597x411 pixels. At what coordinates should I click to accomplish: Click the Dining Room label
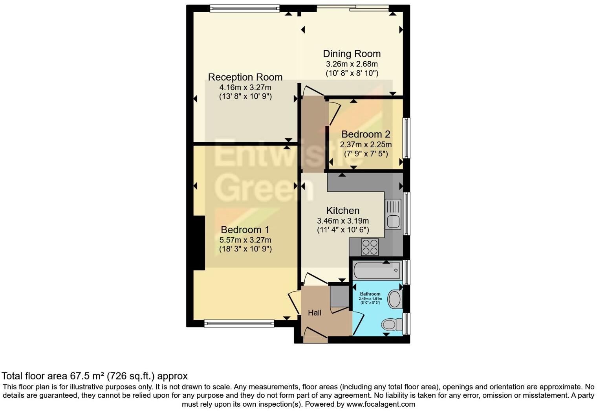click(x=352, y=54)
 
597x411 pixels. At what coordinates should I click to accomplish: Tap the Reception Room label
click(x=245, y=77)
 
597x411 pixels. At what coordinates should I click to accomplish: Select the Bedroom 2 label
click(x=366, y=134)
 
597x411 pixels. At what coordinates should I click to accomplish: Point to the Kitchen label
click(x=342, y=211)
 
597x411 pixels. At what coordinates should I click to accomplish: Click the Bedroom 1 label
click(x=245, y=230)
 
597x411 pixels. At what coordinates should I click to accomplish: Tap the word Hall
click(x=315, y=313)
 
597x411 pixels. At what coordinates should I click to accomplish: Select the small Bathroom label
click(x=370, y=294)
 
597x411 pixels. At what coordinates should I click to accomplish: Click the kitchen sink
click(x=393, y=214)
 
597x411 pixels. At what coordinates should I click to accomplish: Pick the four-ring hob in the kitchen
click(x=370, y=247)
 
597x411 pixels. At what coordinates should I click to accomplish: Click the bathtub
click(x=377, y=270)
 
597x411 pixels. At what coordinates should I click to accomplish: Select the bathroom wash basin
click(x=395, y=299)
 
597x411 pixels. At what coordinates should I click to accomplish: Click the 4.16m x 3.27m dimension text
click(x=245, y=87)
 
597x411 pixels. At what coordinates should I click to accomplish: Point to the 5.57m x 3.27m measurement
click(x=245, y=240)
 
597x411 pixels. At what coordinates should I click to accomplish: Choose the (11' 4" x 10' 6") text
click(x=342, y=230)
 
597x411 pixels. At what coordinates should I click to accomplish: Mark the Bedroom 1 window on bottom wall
click(x=239, y=323)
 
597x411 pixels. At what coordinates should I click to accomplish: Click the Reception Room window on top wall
click(x=244, y=8)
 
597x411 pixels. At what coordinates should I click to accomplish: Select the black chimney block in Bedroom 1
click(x=199, y=242)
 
